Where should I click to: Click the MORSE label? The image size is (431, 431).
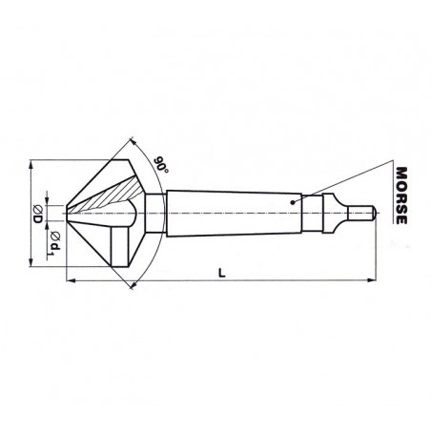click(401, 195)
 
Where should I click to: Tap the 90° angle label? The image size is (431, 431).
click(161, 165)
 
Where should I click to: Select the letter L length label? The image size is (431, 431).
click(221, 273)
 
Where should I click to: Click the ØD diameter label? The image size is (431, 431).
click(38, 214)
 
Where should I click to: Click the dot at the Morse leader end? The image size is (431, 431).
click(293, 202)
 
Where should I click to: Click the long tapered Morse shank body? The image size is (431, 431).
click(235, 214)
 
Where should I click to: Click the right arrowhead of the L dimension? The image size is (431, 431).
click(372, 280)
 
